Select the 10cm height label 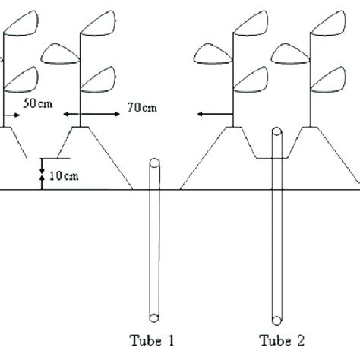tap(62, 177)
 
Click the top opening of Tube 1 tap(155, 163)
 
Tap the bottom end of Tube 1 tap(155, 317)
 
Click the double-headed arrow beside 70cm tap(92, 114)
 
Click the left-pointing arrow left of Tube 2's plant tap(213, 115)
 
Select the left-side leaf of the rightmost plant tap(289, 52)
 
